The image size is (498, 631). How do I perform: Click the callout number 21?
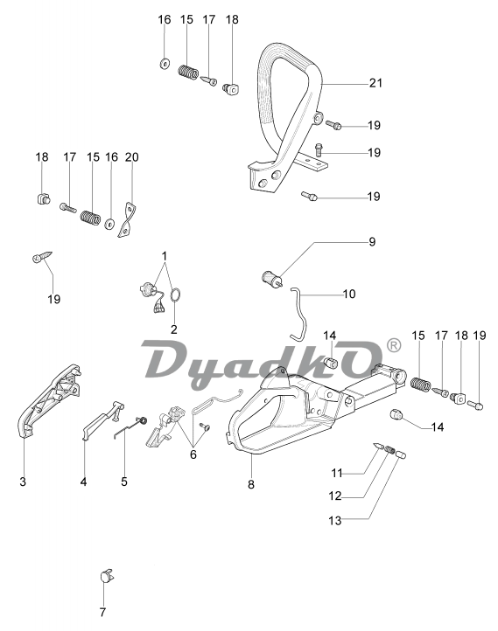coord(375,83)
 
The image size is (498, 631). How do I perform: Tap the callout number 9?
coord(372,241)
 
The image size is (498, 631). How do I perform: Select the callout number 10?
coord(349,294)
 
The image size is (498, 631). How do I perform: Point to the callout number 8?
coord(251,484)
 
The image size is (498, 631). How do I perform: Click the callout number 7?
coord(102,613)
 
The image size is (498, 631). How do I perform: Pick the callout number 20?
coord(132,157)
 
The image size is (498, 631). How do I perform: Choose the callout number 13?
coord(335,521)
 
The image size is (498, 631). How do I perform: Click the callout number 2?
coord(173,329)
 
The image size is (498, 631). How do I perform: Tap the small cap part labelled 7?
coord(107,576)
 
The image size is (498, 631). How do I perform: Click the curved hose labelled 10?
coord(299,314)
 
